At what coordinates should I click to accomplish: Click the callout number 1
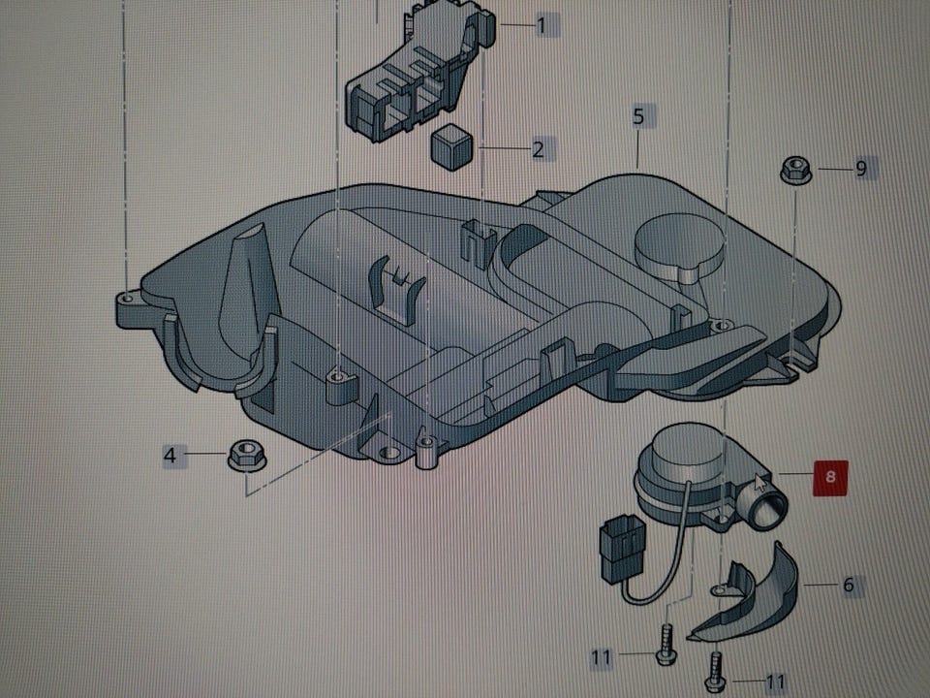(x=542, y=25)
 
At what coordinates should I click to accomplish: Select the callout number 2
(x=538, y=149)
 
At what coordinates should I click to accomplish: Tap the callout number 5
(x=638, y=115)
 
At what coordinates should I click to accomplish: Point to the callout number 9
(x=861, y=169)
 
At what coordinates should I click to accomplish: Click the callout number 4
(x=170, y=456)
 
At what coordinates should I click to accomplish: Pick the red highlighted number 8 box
(x=830, y=477)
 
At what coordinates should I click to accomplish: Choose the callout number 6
(x=849, y=585)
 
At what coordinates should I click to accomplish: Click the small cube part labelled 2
(x=452, y=146)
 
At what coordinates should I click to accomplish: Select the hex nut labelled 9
(x=796, y=171)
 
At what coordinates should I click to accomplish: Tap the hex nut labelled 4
(x=247, y=455)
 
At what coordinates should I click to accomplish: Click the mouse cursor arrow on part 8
(x=760, y=484)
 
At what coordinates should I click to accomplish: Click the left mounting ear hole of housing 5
(x=127, y=297)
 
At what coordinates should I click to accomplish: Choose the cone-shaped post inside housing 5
(x=243, y=297)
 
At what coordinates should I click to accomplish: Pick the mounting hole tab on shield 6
(x=720, y=589)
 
